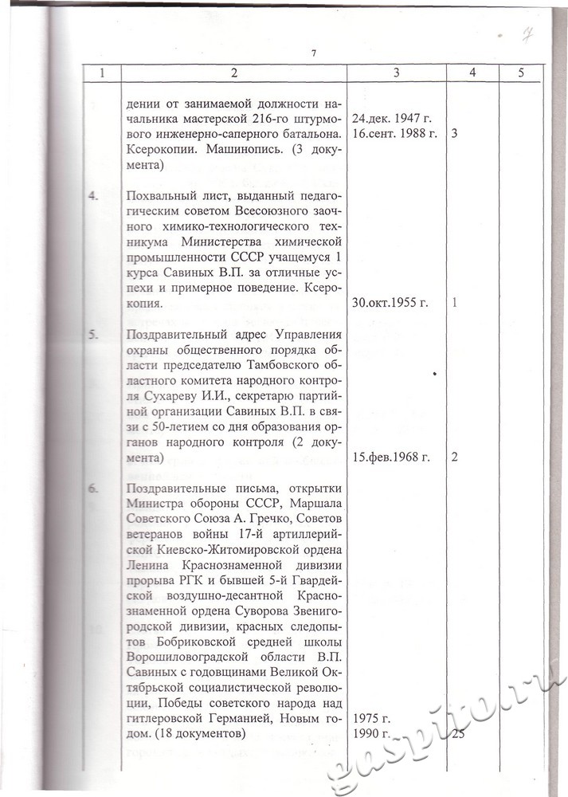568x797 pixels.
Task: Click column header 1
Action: [102, 73]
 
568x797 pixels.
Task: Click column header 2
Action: [234, 73]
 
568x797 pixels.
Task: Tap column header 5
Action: [520, 73]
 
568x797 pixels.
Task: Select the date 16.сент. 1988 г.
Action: [395, 133]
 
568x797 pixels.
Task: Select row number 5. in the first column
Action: [101, 334]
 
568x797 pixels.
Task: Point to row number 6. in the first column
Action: [101, 488]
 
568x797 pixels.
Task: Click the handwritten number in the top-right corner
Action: [527, 33]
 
